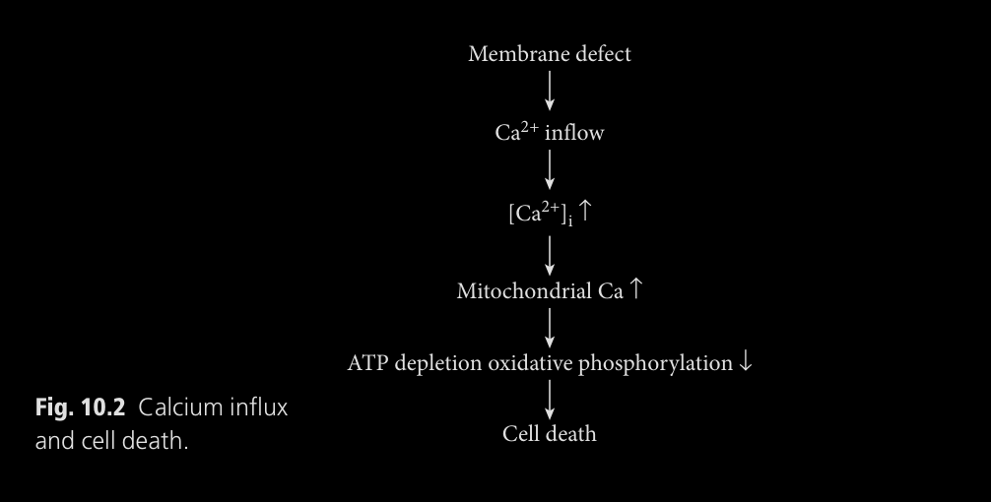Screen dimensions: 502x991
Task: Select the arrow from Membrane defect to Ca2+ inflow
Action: coord(550,92)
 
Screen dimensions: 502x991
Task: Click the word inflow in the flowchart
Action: coord(574,133)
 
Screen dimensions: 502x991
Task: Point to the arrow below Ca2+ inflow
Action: coord(550,171)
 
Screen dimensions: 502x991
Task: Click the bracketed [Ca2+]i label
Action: coord(539,214)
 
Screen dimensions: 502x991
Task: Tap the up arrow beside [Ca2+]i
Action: coord(585,211)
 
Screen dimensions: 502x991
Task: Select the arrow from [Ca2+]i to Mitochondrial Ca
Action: coord(550,252)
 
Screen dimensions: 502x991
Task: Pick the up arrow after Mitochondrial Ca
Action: coord(636,289)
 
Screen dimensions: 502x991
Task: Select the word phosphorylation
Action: coord(655,363)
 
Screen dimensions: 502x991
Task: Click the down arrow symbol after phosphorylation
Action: coord(746,362)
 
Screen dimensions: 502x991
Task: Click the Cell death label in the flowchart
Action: coord(550,434)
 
